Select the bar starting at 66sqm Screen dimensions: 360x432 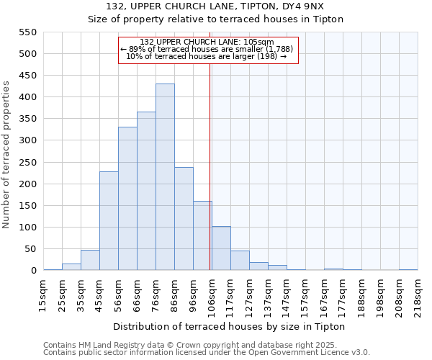146,192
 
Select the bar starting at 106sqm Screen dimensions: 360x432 221,248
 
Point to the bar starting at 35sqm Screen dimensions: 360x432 90,261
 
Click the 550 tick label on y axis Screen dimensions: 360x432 27,32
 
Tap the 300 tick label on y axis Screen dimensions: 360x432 27,141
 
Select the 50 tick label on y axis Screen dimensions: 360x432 30,249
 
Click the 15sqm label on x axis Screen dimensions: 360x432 43,295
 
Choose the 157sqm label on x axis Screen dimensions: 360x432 305,295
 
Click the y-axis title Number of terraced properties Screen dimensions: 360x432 6,155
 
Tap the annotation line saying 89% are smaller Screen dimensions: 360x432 207,49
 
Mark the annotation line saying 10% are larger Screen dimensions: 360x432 207,56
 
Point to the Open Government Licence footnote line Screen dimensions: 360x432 207,352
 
